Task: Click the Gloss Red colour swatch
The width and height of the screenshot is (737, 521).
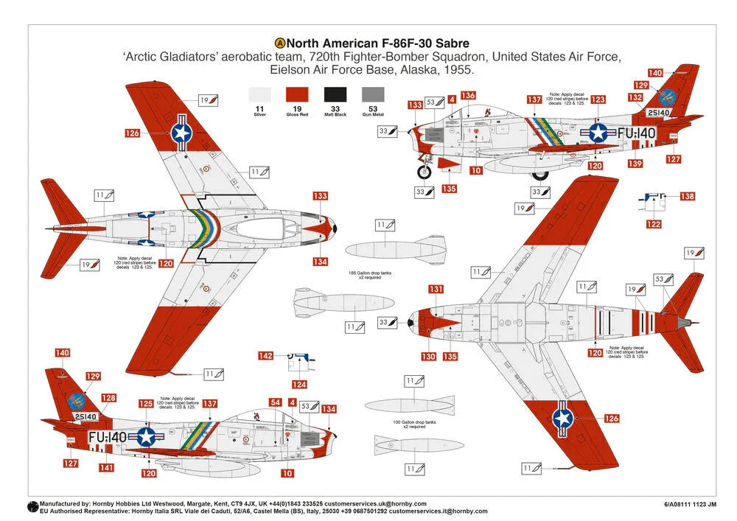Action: (296, 94)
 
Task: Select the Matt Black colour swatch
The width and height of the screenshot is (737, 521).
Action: (335, 94)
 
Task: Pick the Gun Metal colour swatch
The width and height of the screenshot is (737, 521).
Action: (373, 94)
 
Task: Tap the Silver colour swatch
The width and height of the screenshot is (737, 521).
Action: (259, 94)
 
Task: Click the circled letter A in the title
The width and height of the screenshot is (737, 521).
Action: (279, 43)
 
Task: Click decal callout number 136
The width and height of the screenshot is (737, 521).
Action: (468, 96)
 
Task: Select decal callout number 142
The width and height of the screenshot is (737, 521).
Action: (265, 356)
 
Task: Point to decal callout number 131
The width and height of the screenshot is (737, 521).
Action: (436, 289)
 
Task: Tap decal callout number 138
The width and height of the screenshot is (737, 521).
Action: (687, 197)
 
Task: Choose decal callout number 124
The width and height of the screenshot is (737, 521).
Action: (299, 384)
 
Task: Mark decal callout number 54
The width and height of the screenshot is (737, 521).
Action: (275, 402)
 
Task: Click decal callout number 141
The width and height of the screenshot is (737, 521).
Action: (106, 467)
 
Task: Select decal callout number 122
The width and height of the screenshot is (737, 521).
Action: (654, 224)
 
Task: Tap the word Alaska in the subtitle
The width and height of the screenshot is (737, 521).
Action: (415, 71)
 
